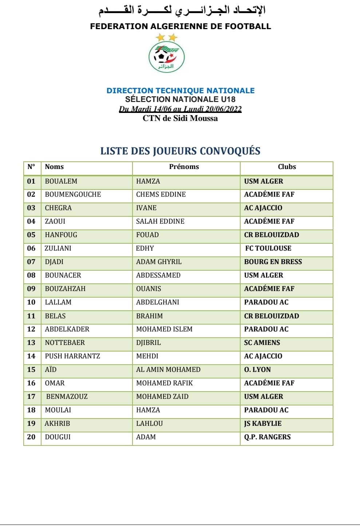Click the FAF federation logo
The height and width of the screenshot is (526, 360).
(167, 57)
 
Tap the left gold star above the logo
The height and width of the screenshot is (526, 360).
(160, 37)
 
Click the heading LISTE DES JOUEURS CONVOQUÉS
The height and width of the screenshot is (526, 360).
(180, 151)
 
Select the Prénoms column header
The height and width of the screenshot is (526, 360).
(184, 167)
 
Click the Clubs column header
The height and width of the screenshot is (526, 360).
(287, 167)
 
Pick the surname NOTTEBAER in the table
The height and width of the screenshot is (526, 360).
(65, 343)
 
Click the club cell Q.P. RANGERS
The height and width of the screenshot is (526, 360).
(267, 437)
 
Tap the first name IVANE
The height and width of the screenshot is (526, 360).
(146, 208)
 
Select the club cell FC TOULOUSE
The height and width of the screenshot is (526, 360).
(268, 248)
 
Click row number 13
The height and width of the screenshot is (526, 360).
(31, 343)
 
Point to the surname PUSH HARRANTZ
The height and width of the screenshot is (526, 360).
(72, 356)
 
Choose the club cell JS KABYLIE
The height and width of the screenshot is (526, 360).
(263, 424)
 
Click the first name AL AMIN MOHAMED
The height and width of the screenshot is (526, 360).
(168, 370)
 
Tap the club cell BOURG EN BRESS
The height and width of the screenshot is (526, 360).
(273, 262)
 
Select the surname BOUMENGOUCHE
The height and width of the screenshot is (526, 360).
(73, 195)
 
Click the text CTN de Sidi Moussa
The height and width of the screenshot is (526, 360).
(180, 118)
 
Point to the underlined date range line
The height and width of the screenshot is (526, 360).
(180, 109)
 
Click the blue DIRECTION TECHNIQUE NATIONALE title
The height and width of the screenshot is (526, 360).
(181, 91)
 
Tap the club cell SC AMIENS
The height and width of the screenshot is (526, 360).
(262, 343)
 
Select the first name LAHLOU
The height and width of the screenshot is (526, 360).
(149, 424)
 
